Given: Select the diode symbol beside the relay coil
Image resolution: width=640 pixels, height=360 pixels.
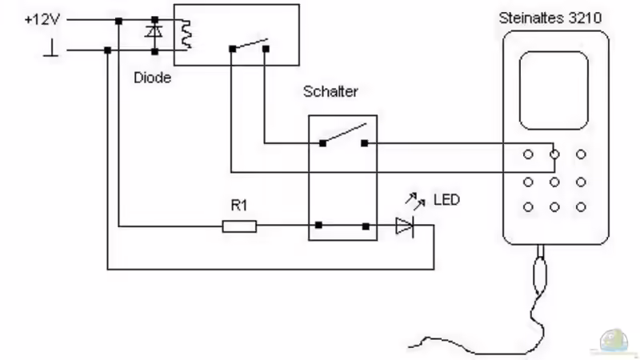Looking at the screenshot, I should [x=153, y=34].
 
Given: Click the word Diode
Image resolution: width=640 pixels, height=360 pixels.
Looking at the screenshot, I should [x=152, y=78].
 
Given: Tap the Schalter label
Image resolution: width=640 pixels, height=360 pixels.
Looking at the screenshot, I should [x=330, y=91].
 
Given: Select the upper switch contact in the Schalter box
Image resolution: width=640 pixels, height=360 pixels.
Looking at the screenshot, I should [x=343, y=134].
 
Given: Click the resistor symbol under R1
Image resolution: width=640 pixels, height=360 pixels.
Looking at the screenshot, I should [x=239, y=227].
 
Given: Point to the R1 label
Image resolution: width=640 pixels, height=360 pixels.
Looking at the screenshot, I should [x=239, y=206].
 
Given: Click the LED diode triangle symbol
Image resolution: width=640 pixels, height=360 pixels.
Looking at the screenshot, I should [x=405, y=227].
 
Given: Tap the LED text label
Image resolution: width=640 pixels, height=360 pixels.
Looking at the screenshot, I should [x=446, y=199].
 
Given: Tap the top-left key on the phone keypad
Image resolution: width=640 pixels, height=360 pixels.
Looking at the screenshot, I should [x=528, y=153].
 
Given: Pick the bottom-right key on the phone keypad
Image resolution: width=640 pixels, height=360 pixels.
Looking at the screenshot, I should [x=582, y=207].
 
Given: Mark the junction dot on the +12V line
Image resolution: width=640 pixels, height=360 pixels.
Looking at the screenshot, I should [x=118, y=19].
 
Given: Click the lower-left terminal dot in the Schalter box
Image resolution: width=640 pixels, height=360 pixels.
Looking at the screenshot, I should [x=319, y=226].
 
